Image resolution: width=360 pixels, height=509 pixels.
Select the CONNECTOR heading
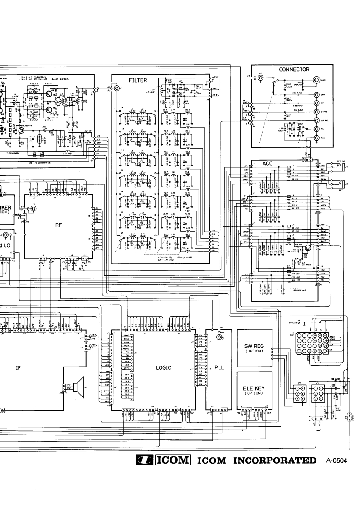coord(295,69)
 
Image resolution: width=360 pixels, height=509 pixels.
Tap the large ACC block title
coord(268,162)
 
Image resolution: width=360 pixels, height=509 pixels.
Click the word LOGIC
coord(163,368)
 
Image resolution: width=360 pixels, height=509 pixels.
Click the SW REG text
coord(254,346)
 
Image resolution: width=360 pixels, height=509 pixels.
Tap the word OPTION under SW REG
coord(254,352)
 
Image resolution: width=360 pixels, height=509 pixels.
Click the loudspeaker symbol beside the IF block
coord(77,387)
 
